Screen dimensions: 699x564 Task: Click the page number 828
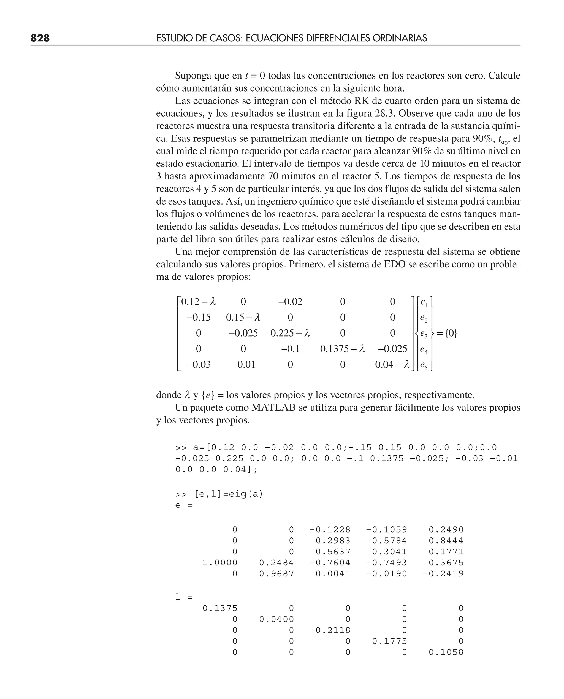[x=40, y=38]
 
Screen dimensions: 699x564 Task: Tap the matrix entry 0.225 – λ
[x=290, y=333]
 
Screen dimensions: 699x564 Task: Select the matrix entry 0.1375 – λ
[x=342, y=349]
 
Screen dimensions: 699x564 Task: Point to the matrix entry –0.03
[x=199, y=364]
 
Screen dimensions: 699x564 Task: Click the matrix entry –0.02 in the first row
[x=290, y=302]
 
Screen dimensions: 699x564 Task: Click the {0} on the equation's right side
[x=451, y=333]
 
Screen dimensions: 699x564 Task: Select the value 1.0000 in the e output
[x=220, y=563]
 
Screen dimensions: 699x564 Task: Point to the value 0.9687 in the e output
[x=276, y=574]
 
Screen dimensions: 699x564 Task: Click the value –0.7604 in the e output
[x=330, y=563]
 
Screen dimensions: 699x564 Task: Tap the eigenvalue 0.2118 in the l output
[x=333, y=630]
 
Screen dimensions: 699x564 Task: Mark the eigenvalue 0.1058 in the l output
[x=446, y=652]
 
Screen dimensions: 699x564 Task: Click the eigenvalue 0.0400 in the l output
[x=276, y=619]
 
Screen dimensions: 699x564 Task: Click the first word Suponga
[x=193, y=76]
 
